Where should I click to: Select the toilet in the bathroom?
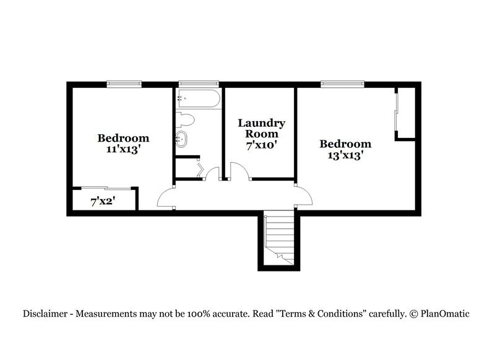tap(185, 119)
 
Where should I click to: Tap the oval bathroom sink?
tap(183, 139)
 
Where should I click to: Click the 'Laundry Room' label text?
tap(262, 128)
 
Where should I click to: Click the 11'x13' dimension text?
tap(123, 149)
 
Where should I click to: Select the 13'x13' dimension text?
tap(345, 155)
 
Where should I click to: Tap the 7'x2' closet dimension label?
tap(103, 201)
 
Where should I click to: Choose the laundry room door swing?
tap(239, 171)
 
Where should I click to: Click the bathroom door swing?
tap(213, 174)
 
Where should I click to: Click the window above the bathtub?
tap(199, 83)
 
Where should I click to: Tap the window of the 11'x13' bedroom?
tap(124, 83)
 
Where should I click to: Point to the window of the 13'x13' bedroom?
tap(341, 83)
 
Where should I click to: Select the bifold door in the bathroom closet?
tap(200, 169)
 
